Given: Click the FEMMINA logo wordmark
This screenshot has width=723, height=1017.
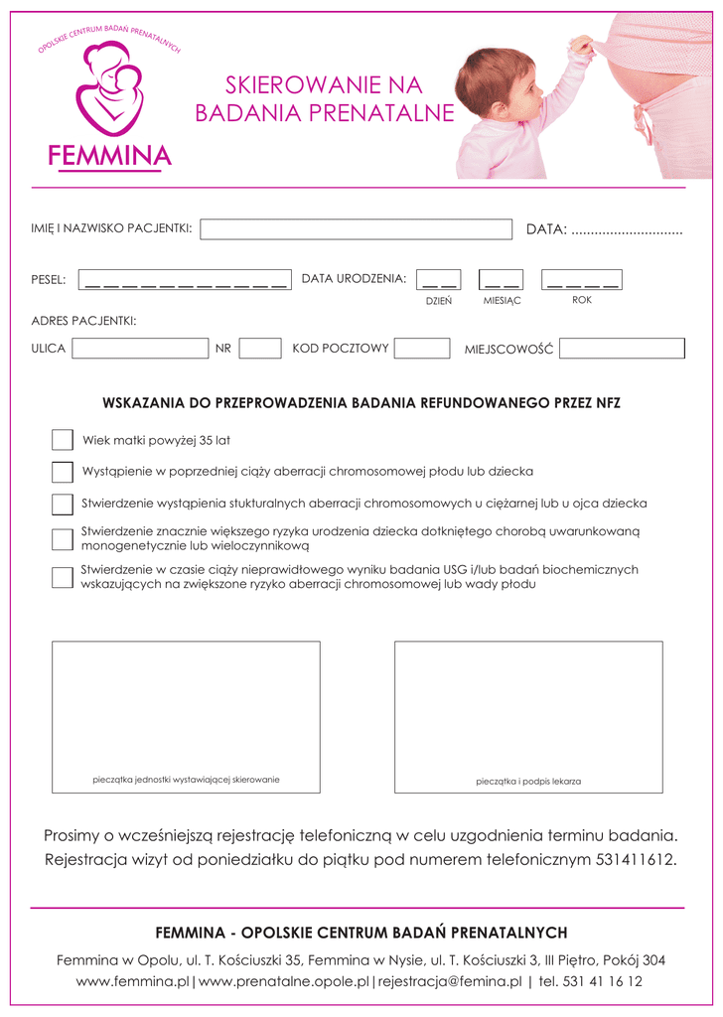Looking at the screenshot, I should pyautogui.click(x=109, y=156).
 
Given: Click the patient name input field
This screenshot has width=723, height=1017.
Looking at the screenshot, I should pyautogui.click(x=355, y=229).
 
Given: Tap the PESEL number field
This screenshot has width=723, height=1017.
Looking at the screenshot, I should pyautogui.click(x=184, y=280).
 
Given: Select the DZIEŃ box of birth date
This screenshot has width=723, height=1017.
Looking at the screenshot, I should pyautogui.click(x=438, y=280).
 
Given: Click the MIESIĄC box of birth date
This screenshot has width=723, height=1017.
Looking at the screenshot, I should pyautogui.click(x=501, y=280).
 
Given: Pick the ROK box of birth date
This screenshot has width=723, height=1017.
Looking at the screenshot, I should pyautogui.click(x=582, y=280).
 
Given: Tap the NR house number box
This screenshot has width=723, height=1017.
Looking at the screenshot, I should pyautogui.click(x=260, y=349).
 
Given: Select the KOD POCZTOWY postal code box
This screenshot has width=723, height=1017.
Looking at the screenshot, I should pyautogui.click(x=423, y=349).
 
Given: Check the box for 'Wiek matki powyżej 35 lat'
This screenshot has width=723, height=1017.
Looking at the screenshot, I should pyautogui.click(x=63, y=440).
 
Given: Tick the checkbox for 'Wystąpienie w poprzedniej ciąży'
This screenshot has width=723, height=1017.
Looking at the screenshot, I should pyautogui.click(x=63, y=472).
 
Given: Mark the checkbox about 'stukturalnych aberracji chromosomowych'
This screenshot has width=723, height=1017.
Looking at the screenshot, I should pyautogui.click(x=63, y=504).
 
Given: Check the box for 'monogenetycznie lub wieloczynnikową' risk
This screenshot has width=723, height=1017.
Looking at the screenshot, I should pyautogui.click(x=63, y=538).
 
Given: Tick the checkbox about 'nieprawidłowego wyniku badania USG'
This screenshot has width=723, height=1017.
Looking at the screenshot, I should pyautogui.click(x=63, y=577).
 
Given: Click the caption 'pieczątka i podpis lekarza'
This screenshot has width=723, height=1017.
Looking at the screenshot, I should pyautogui.click(x=528, y=782).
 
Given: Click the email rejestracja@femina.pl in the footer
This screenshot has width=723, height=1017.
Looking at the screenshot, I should pyautogui.click(x=449, y=981).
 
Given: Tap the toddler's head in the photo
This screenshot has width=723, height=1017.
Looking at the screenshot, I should pyautogui.click(x=493, y=82).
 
